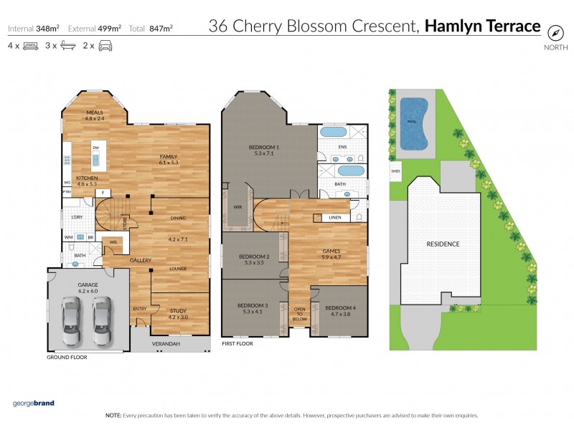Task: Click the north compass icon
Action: click(555, 32)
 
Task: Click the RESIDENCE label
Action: click(443, 244)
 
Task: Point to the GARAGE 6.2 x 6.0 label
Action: click(88, 288)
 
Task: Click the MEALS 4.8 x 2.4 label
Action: click(95, 115)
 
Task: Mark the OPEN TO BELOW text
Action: click(299, 313)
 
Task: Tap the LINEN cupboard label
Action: click(334, 217)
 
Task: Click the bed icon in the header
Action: click(30, 46)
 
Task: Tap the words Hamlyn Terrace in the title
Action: click(482, 27)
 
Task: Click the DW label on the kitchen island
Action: click(95, 148)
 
